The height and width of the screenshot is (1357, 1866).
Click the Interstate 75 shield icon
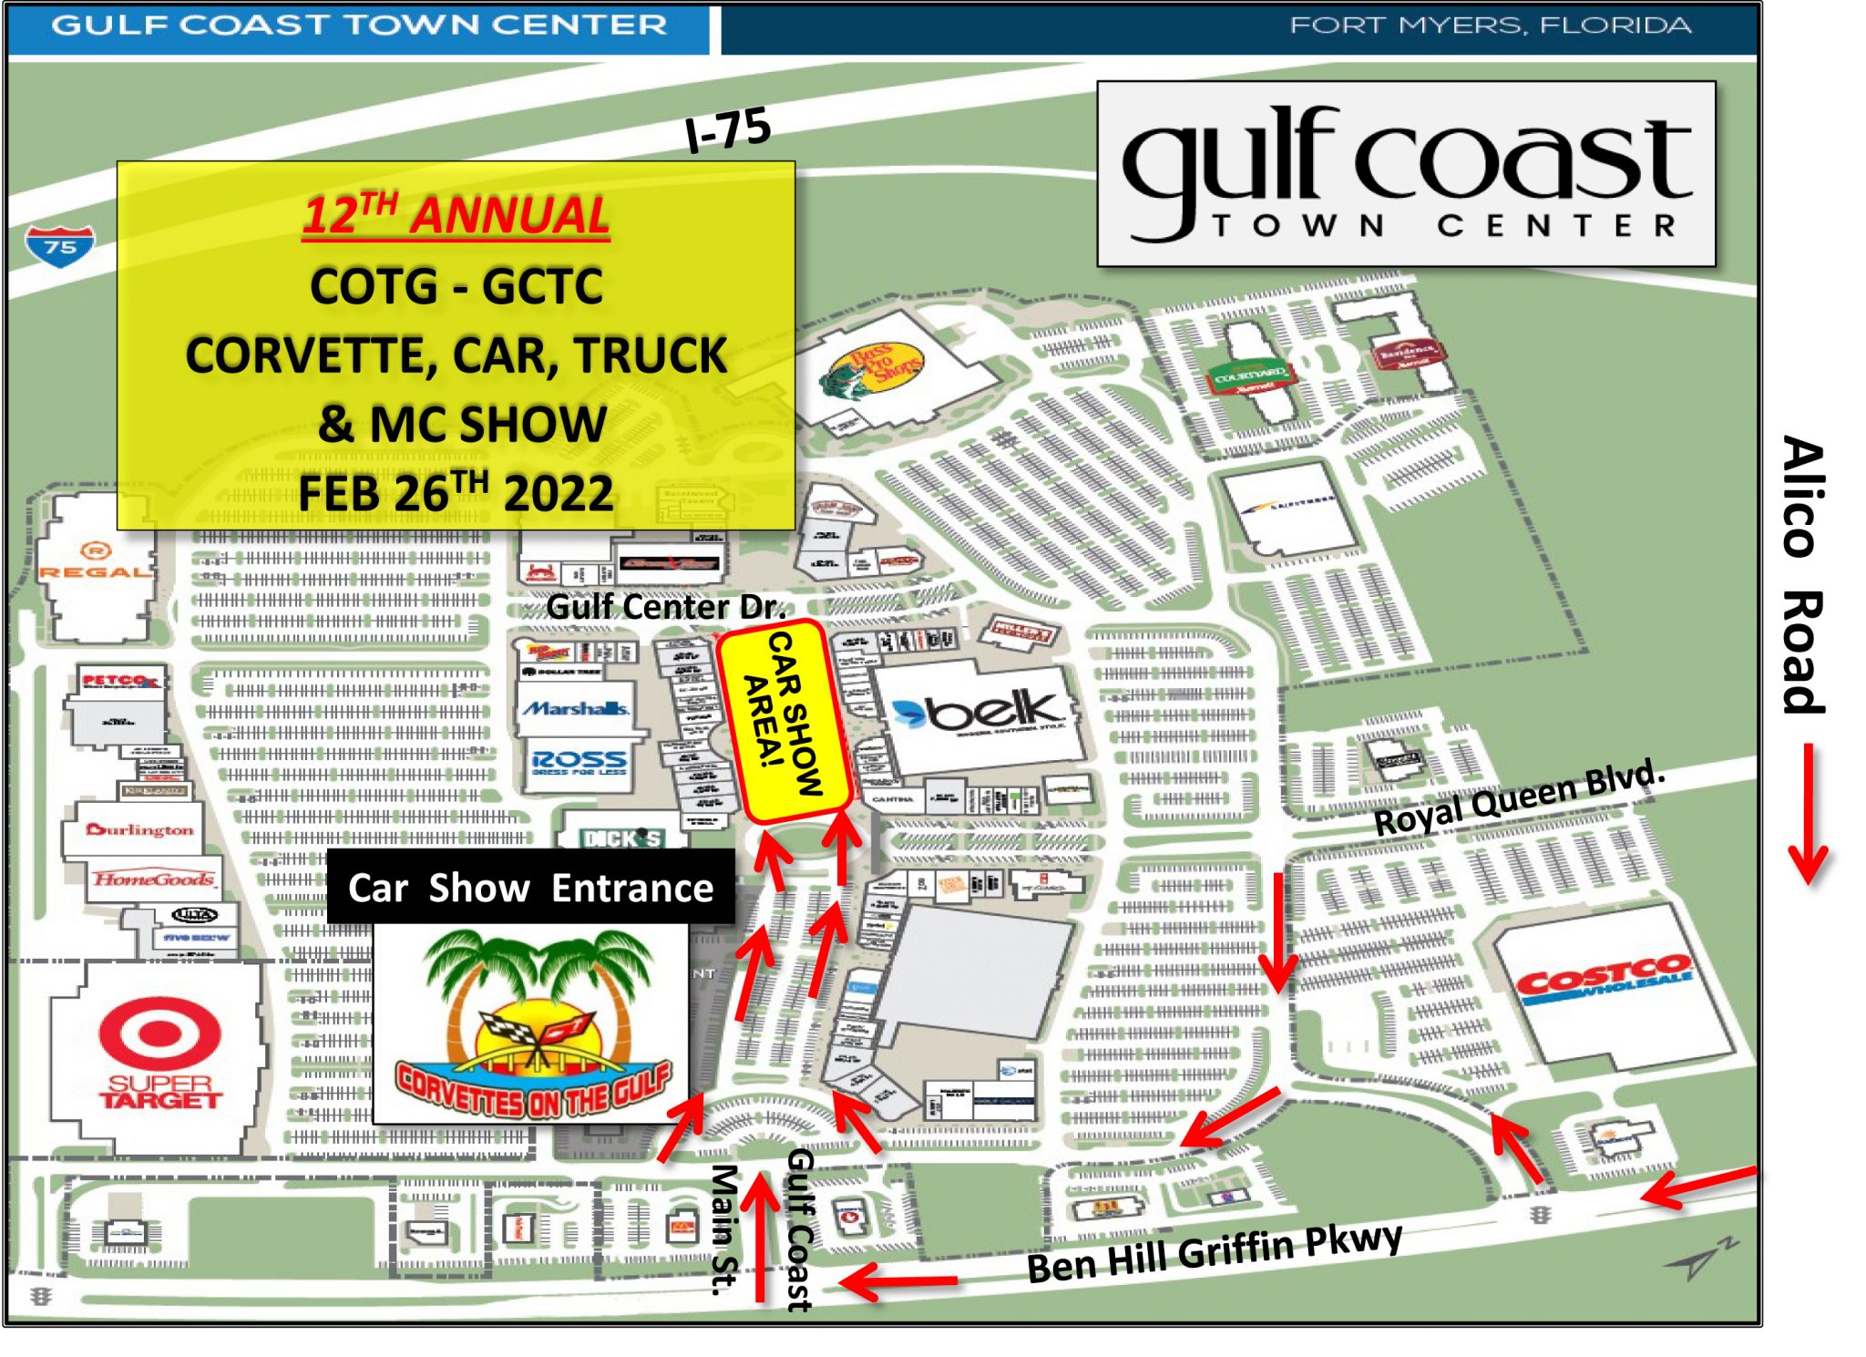[59, 244]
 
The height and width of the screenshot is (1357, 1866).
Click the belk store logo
[980, 710]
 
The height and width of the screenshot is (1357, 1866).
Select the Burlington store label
[139, 829]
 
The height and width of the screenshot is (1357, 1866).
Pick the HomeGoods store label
[153, 879]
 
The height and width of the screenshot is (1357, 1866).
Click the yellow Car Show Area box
[784, 720]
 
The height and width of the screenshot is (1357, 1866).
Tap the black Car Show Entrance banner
[530, 888]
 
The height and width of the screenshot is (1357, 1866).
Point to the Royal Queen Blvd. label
[1518, 797]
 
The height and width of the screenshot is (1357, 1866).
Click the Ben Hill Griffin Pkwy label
[1214, 1252]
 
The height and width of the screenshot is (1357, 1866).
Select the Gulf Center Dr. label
[665, 607]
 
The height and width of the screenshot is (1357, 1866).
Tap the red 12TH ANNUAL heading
[456, 216]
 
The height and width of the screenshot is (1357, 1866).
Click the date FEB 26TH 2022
[456, 493]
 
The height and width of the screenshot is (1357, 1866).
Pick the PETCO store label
[118, 680]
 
